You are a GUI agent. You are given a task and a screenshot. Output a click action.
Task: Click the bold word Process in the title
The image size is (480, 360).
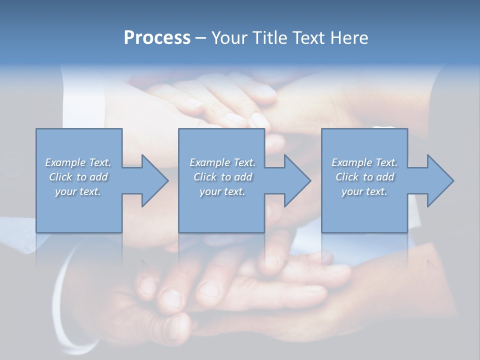pos(157,38)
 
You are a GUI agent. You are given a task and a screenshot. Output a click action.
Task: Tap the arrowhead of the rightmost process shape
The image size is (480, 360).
pos(439,180)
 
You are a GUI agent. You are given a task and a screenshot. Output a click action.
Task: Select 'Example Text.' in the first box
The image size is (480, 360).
pos(78,162)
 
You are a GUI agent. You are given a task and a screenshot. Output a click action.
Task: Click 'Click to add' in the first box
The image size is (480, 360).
pos(78,177)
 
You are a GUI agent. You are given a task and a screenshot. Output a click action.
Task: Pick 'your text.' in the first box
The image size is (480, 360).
pos(78,191)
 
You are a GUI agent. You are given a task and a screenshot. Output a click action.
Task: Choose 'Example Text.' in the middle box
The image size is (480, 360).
pos(222,162)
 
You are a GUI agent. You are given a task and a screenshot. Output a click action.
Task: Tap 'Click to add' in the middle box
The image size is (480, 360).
pos(222,177)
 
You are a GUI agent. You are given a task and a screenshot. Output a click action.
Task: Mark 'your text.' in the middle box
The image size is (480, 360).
pos(222,191)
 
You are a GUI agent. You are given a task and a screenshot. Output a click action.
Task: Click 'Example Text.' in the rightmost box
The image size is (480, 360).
pos(364,162)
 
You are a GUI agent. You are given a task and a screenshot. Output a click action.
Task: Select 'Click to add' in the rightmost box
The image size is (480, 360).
pos(364,177)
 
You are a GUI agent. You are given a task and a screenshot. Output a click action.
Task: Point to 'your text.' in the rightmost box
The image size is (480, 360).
pos(364,191)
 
